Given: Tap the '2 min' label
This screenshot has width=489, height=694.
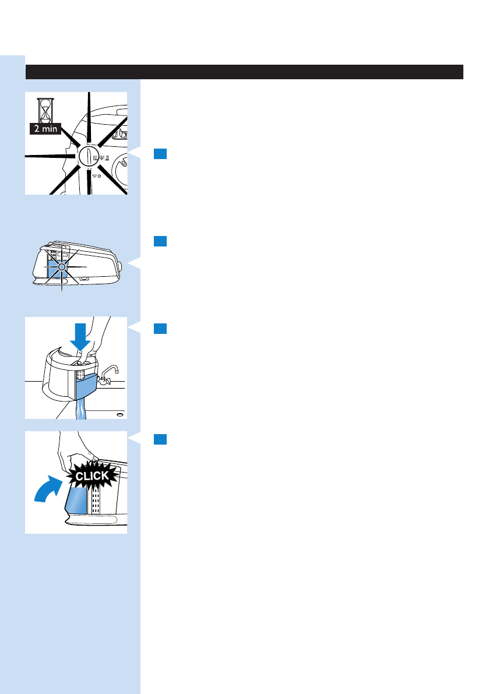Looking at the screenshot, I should (44, 129).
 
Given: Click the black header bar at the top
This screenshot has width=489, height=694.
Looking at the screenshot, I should (244, 72).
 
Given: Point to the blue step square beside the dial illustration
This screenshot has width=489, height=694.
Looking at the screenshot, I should (161, 154).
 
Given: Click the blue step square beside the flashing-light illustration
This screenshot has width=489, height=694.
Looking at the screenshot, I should (161, 241).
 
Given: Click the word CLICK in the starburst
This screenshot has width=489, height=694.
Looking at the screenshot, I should (87, 476).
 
